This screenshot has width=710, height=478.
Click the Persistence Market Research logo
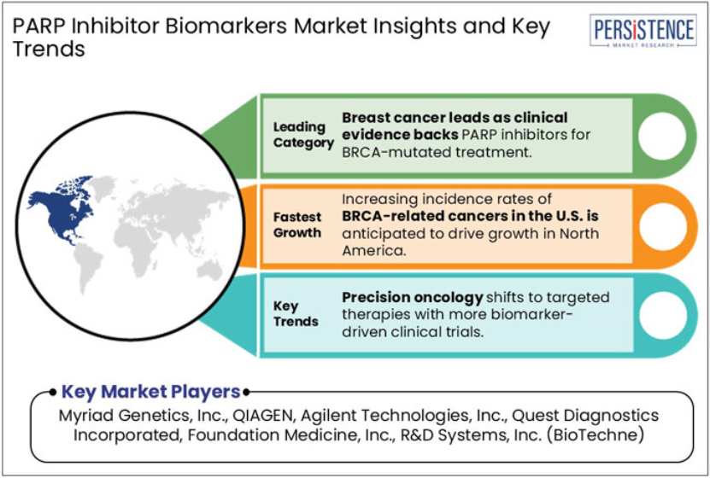point(643,30)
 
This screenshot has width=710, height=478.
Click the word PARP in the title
point(39,26)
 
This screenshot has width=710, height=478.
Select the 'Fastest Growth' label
point(297,224)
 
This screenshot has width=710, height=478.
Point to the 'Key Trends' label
point(296,314)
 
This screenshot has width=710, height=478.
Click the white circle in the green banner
point(662,136)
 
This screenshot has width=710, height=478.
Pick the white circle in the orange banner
point(662,226)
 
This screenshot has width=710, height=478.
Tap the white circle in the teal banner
point(662,315)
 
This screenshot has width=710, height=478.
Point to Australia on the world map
point(209,270)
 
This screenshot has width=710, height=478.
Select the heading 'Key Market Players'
point(150,392)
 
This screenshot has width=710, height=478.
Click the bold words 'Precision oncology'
point(413,298)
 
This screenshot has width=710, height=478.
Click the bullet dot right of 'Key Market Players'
point(246,392)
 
